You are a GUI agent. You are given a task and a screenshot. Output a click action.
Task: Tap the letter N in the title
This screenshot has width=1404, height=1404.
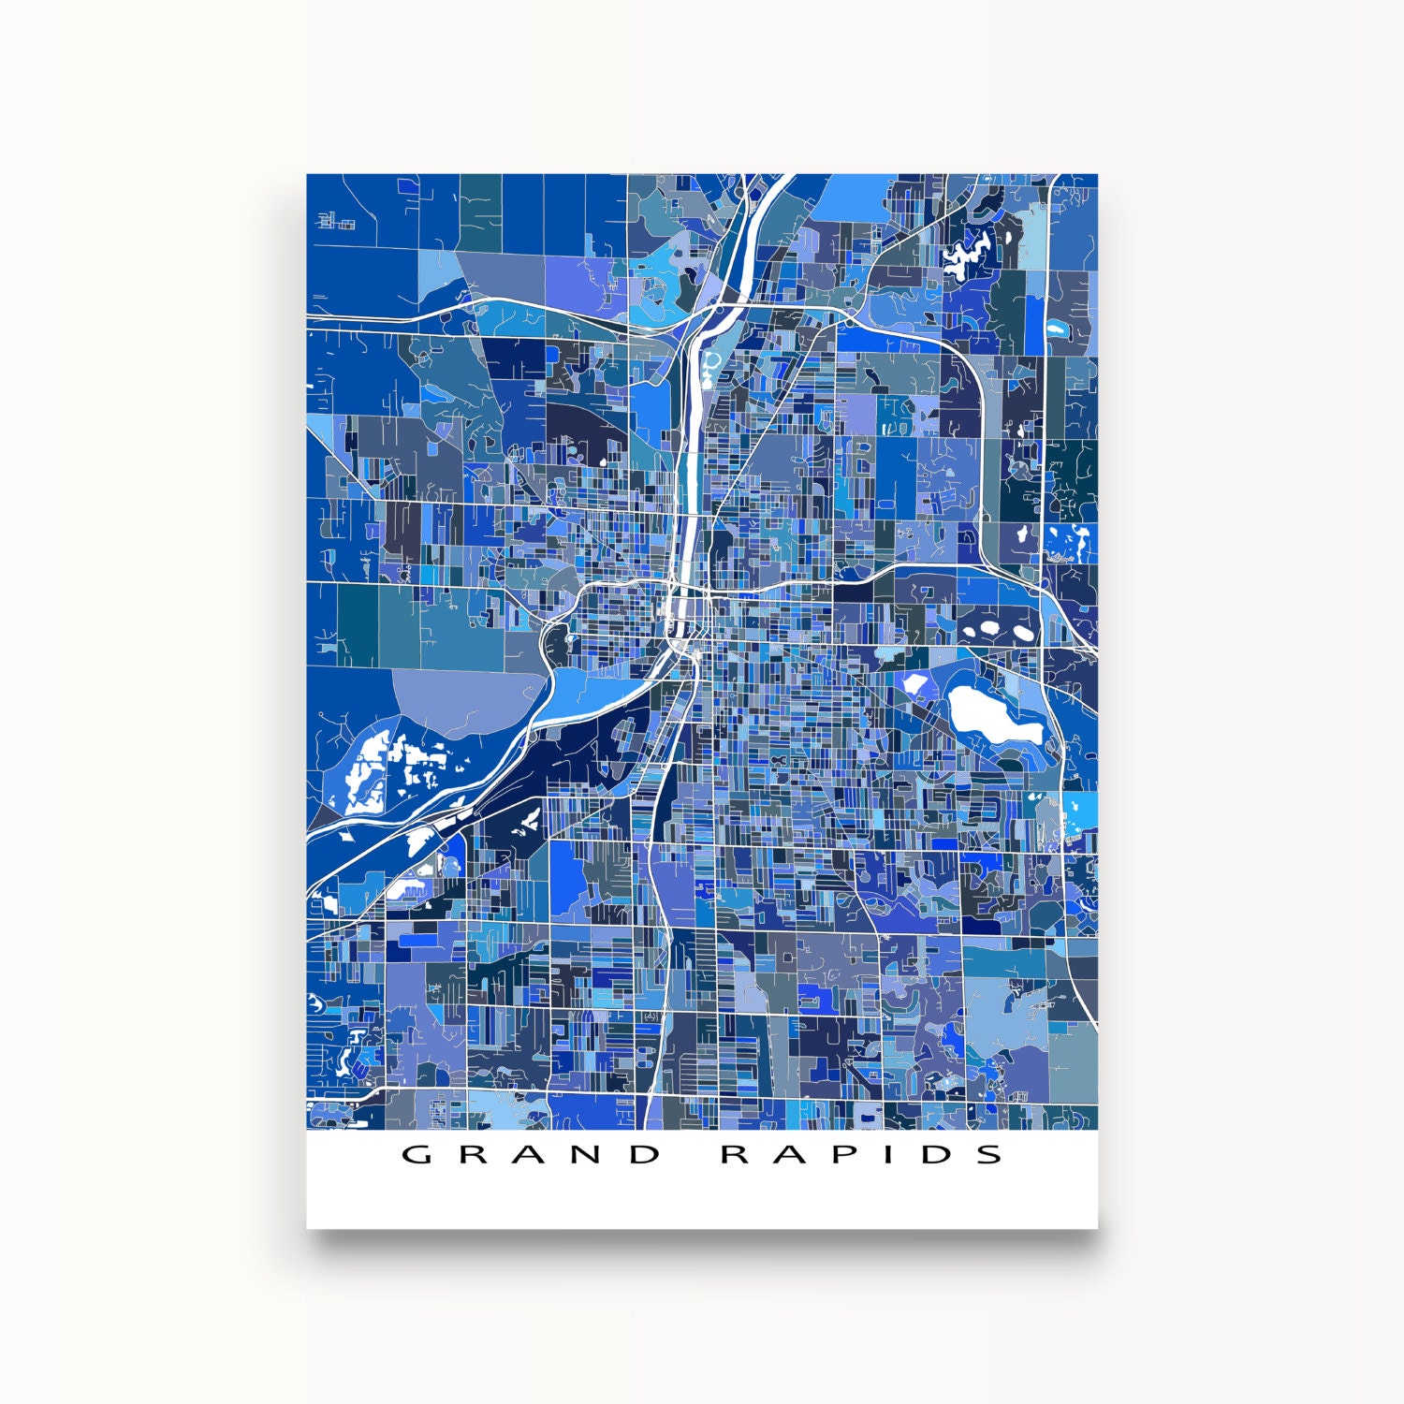click(x=589, y=1154)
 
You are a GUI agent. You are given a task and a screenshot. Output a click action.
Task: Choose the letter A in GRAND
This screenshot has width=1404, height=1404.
click(x=531, y=1154)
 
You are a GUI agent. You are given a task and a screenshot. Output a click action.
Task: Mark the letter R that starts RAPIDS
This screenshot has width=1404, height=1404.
click(x=735, y=1154)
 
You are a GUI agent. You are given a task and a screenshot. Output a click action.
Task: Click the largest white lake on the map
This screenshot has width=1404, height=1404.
click(x=987, y=714)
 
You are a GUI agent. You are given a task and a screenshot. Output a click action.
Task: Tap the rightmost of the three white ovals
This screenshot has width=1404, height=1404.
click(x=1024, y=634)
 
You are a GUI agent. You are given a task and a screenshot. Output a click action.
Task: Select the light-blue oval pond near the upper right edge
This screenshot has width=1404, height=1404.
click(x=1057, y=329)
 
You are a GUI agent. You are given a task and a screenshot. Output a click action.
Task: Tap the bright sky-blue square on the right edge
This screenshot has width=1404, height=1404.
click(x=1081, y=811)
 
